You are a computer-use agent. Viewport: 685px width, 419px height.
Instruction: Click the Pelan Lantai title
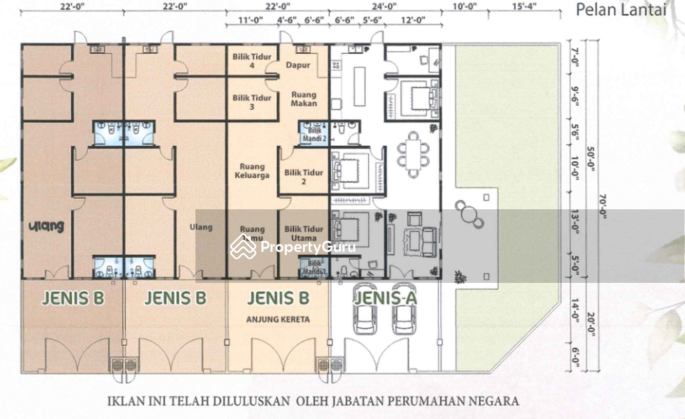[621, 10]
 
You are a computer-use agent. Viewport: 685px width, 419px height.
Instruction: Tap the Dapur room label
[298, 65]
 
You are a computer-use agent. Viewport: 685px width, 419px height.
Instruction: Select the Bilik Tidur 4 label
[252, 61]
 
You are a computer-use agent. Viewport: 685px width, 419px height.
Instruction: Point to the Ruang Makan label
[304, 99]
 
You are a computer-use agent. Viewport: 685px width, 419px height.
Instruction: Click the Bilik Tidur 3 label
[252, 102]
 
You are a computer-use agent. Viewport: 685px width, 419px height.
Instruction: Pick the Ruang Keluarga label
[252, 171]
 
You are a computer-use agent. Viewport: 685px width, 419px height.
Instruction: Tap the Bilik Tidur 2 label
[304, 177]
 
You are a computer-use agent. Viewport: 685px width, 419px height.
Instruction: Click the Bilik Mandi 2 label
[314, 134]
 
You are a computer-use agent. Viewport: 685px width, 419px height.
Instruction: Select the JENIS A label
[386, 298]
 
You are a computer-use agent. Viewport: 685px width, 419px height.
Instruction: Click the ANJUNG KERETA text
[278, 319]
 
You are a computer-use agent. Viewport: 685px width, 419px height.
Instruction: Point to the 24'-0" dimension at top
[384, 6]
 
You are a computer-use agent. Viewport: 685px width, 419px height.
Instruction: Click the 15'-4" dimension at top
[524, 6]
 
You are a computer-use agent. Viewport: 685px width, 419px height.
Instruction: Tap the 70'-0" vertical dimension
[603, 207]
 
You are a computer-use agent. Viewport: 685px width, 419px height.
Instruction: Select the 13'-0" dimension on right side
[575, 222]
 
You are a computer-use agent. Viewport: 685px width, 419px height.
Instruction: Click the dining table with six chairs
[414, 154]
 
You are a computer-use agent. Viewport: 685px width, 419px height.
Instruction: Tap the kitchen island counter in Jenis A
[359, 86]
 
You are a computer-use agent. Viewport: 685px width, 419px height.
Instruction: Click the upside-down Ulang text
[46, 226]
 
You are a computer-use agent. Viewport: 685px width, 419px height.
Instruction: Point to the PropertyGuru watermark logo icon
[243, 247]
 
